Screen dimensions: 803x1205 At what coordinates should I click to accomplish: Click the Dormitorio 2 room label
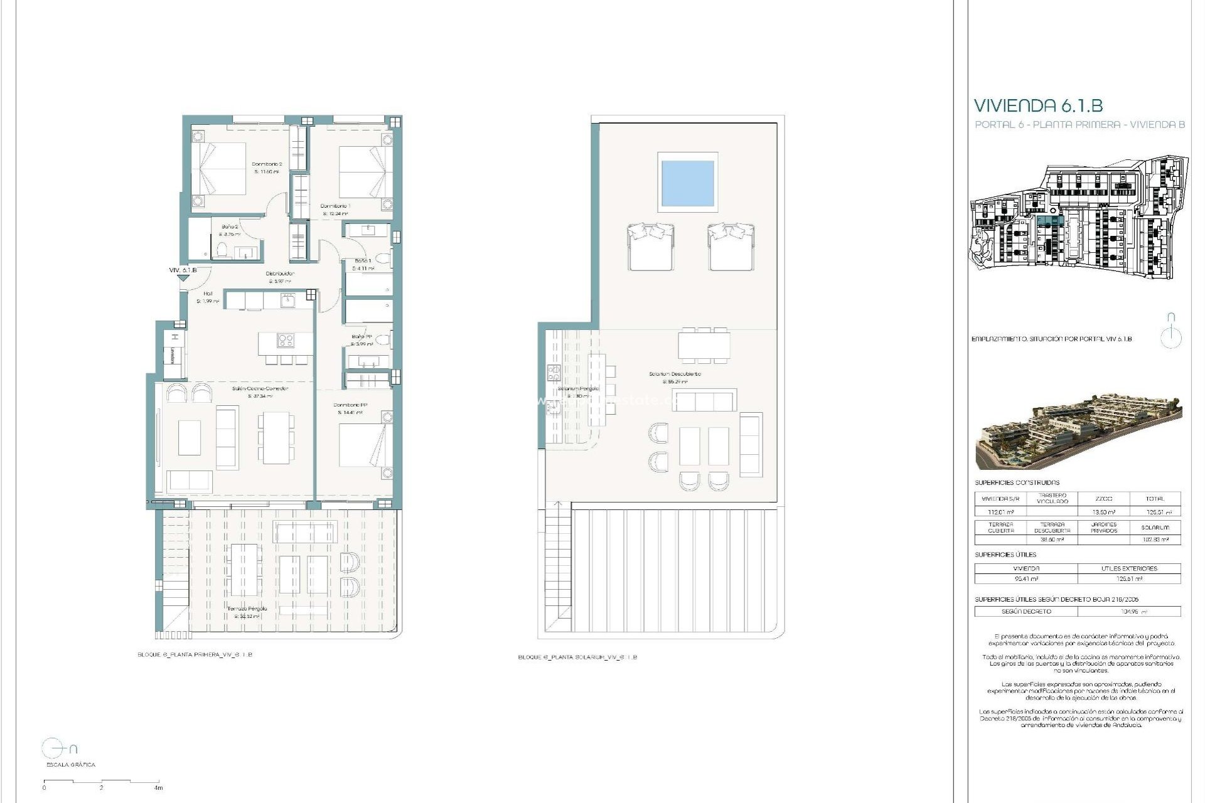[267, 164]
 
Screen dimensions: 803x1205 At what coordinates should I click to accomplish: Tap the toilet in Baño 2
[220, 252]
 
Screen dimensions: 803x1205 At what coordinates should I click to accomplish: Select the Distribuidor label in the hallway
[280, 274]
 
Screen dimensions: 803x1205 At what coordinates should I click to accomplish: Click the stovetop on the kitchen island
[286, 341]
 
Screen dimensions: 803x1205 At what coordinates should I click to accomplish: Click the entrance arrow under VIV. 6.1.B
[183, 280]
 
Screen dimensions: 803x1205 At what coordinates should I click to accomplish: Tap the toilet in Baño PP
[383, 341]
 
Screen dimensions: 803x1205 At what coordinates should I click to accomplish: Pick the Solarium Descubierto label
[675, 374]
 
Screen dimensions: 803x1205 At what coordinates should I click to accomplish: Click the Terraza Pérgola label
[247, 609]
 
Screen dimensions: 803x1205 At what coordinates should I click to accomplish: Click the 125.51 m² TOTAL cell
[1155, 512]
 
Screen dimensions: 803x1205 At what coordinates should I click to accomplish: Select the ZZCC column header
[1103, 499]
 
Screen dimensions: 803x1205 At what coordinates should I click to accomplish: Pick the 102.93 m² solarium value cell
[1155, 540]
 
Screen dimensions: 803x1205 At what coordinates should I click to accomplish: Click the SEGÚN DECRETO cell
[1026, 611]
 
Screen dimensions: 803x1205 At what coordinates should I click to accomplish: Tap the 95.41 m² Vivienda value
[1026, 579]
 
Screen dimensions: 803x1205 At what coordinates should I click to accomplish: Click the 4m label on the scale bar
[159, 788]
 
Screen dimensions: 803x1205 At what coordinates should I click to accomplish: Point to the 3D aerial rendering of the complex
[1078, 432]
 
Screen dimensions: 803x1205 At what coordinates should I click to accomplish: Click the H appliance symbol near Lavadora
[176, 337]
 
